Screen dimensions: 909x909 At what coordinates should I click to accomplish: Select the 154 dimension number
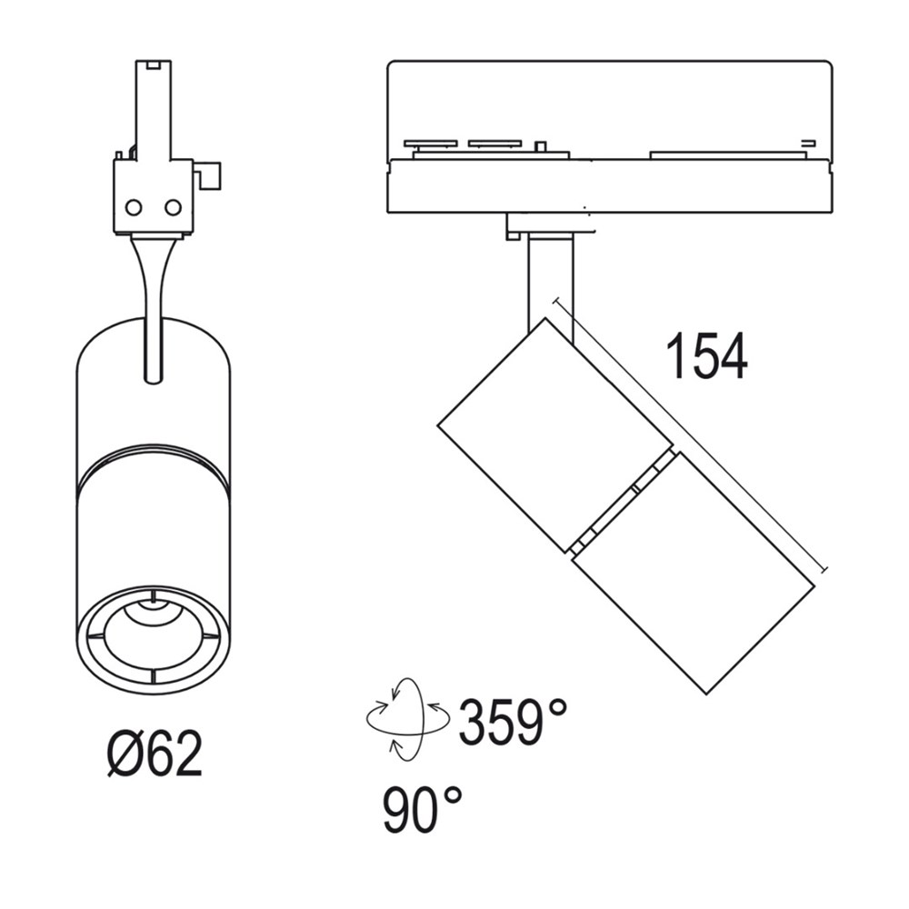click(x=706, y=356)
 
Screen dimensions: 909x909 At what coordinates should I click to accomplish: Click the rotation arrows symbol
click(x=407, y=718)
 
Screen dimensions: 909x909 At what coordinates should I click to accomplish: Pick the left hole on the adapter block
click(x=134, y=208)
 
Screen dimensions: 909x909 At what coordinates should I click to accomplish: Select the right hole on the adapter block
click(x=173, y=208)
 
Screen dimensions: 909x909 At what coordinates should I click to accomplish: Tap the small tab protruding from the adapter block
click(x=211, y=175)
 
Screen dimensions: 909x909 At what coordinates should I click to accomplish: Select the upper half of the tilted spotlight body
click(x=554, y=436)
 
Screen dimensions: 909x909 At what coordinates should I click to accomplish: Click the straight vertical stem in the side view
click(x=549, y=282)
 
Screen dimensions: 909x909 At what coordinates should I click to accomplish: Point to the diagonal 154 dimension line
click(x=691, y=436)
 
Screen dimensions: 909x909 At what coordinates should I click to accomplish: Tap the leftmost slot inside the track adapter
click(x=430, y=143)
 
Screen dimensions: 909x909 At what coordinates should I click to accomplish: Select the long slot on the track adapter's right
click(x=727, y=155)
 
